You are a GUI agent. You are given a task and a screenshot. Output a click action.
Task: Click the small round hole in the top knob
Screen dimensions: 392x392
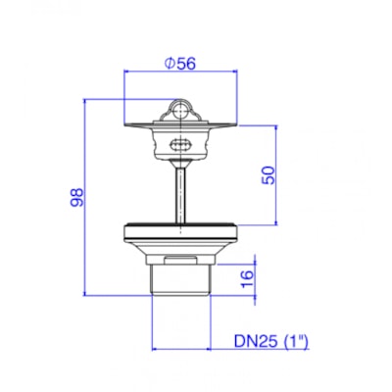180,111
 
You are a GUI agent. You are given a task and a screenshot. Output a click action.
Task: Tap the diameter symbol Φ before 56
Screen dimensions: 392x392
170,63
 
